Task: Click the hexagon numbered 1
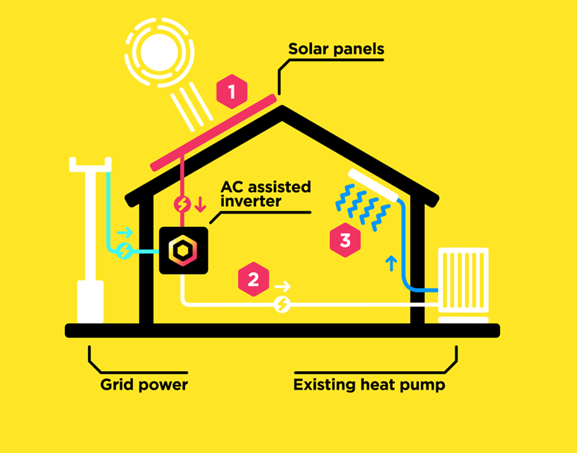point(231,93)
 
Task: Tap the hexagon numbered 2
point(254,281)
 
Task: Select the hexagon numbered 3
point(345,240)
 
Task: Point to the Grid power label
point(144,385)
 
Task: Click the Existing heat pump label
point(369,385)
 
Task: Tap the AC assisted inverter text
point(266,193)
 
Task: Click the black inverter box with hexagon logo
point(183,251)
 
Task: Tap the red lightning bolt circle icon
point(182,204)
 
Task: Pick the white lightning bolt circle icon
point(281,304)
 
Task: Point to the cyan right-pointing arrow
point(125,232)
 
